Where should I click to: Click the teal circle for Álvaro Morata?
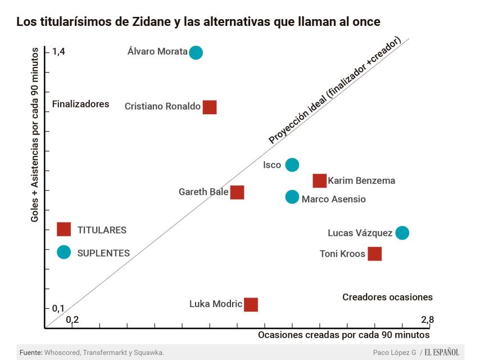[x=196, y=52]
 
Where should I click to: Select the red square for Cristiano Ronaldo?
[x=210, y=107]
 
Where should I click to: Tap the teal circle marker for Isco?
[x=292, y=165]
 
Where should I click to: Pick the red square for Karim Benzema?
[x=319, y=181]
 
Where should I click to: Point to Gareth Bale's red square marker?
[x=237, y=192]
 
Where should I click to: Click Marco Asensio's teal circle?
[x=292, y=197]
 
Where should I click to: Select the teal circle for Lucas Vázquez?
[x=402, y=233]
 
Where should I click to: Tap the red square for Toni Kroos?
[x=374, y=254]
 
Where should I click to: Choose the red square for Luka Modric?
[x=251, y=304]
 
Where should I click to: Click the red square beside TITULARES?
[x=64, y=229]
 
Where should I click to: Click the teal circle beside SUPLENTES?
[x=64, y=253]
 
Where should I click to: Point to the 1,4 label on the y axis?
[x=58, y=51]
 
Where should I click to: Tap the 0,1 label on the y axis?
[x=58, y=308]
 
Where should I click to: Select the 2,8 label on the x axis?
[x=427, y=320]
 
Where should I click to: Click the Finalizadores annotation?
[x=80, y=104]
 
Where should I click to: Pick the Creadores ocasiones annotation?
[x=387, y=297]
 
